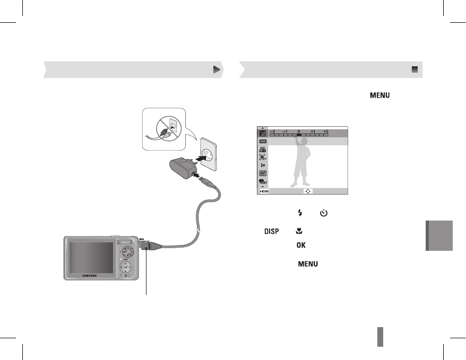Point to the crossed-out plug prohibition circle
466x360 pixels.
167,127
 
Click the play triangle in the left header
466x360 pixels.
216,69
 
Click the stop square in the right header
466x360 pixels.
415,69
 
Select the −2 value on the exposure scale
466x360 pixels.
273,130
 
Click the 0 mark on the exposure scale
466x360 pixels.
299,130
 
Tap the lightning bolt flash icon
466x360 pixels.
300,213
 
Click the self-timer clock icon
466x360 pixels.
324,213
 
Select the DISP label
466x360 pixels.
271,231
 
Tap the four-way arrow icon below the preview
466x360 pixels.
308,191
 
